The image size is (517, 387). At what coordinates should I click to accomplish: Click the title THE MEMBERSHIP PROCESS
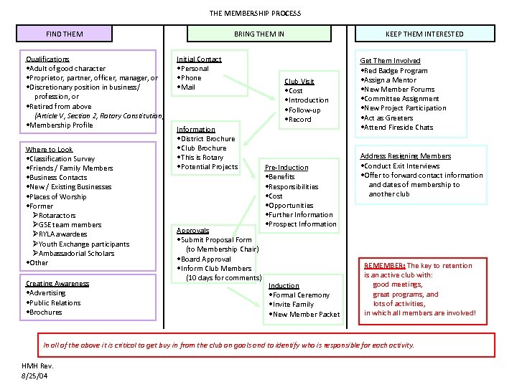(x=255, y=13)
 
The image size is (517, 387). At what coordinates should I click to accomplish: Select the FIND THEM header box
(x=65, y=34)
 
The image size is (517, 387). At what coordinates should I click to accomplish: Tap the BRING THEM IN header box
(x=258, y=34)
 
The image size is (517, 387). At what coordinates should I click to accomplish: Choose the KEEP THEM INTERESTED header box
(x=424, y=34)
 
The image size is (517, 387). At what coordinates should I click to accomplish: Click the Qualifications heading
(x=47, y=59)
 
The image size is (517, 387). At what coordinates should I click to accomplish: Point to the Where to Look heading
(x=50, y=150)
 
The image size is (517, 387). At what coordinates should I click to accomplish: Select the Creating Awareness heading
(x=57, y=283)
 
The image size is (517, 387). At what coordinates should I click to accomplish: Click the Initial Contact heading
(x=199, y=59)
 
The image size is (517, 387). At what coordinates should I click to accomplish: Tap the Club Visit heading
(x=299, y=82)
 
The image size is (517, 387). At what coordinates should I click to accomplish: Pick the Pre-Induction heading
(x=287, y=167)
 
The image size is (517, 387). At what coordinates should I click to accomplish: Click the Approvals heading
(x=193, y=231)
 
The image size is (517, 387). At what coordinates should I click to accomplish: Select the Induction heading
(x=284, y=285)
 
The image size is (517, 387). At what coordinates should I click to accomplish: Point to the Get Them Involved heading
(x=390, y=61)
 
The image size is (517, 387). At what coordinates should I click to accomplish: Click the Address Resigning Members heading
(x=405, y=156)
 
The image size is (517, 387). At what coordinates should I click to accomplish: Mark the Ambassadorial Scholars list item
(x=76, y=253)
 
